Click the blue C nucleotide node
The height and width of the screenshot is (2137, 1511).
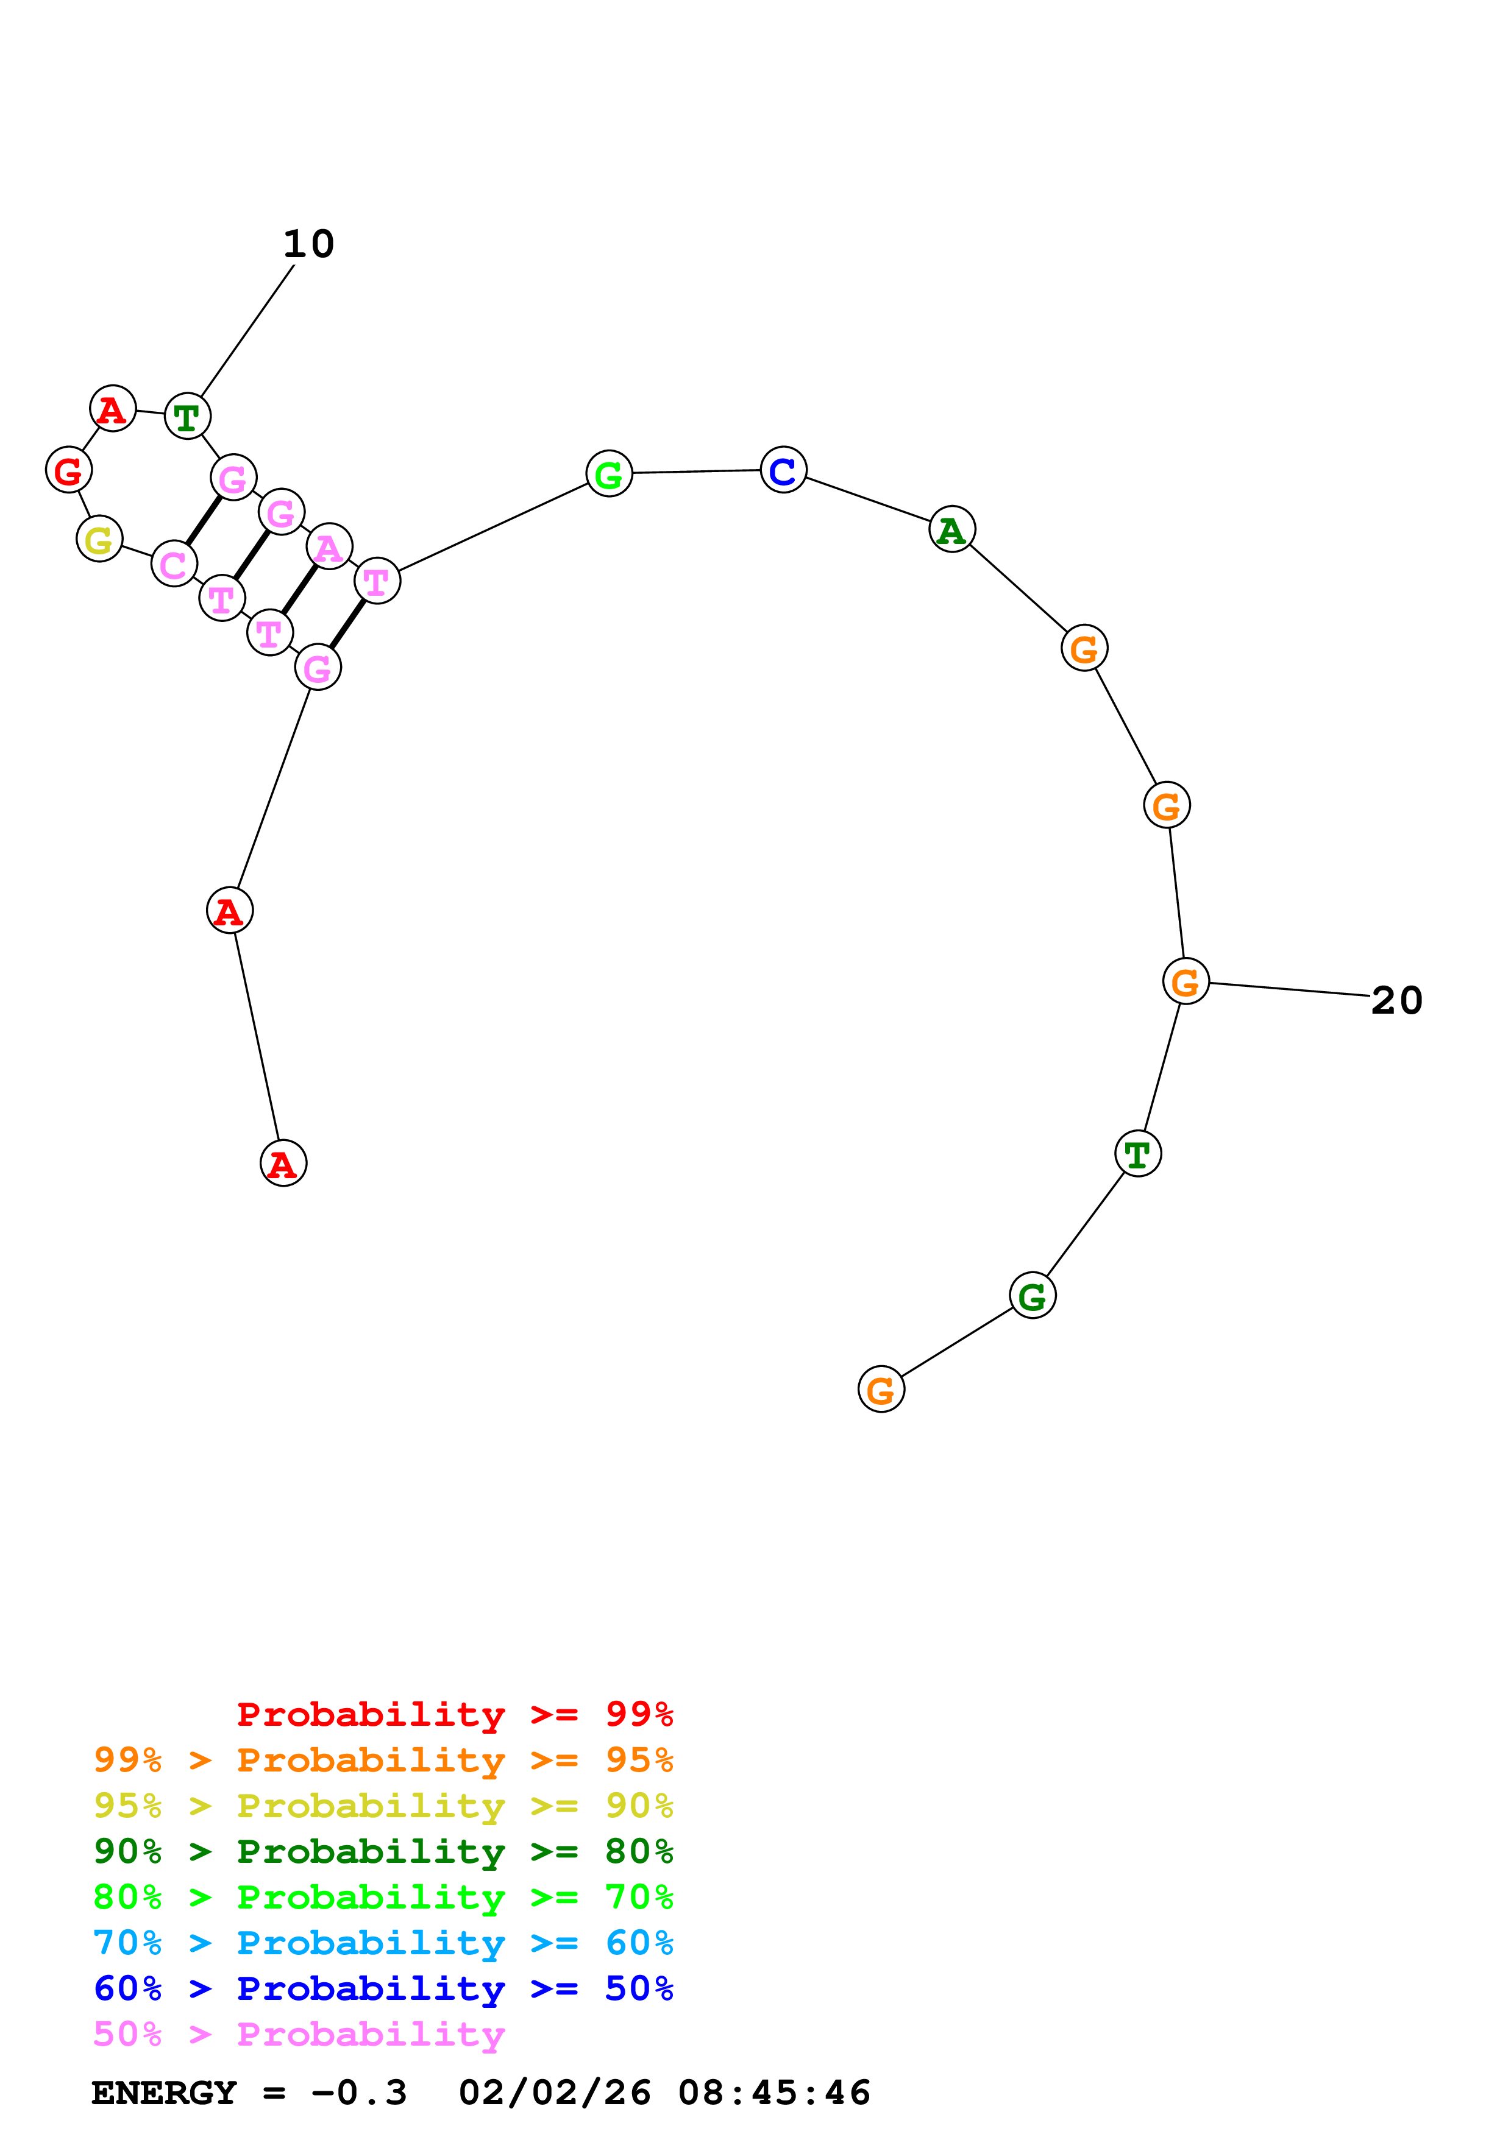pos(783,470)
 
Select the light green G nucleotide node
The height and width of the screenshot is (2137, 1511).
pos(609,474)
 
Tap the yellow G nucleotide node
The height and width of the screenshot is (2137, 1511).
pos(99,539)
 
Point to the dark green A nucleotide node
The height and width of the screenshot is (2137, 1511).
pos(951,529)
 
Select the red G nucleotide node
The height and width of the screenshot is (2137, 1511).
pos(69,470)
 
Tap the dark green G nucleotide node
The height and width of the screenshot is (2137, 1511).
pos(1033,1296)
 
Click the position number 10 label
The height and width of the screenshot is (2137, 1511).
pos(308,244)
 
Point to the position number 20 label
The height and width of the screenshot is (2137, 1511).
pos(1396,1000)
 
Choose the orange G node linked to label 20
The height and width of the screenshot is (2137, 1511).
pos(1185,981)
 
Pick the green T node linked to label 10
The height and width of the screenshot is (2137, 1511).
pos(187,416)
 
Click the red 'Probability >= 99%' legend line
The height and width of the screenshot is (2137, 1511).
pos(454,1714)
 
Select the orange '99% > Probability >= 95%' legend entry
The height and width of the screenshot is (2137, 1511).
pos(383,1759)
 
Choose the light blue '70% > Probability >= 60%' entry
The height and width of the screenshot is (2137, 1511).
pos(383,1943)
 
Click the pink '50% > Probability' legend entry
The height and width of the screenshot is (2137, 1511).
pos(299,2033)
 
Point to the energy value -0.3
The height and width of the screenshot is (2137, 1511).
pos(360,2093)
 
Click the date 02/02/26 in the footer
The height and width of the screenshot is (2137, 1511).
pos(554,2093)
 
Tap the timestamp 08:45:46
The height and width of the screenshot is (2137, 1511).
pos(773,2093)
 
